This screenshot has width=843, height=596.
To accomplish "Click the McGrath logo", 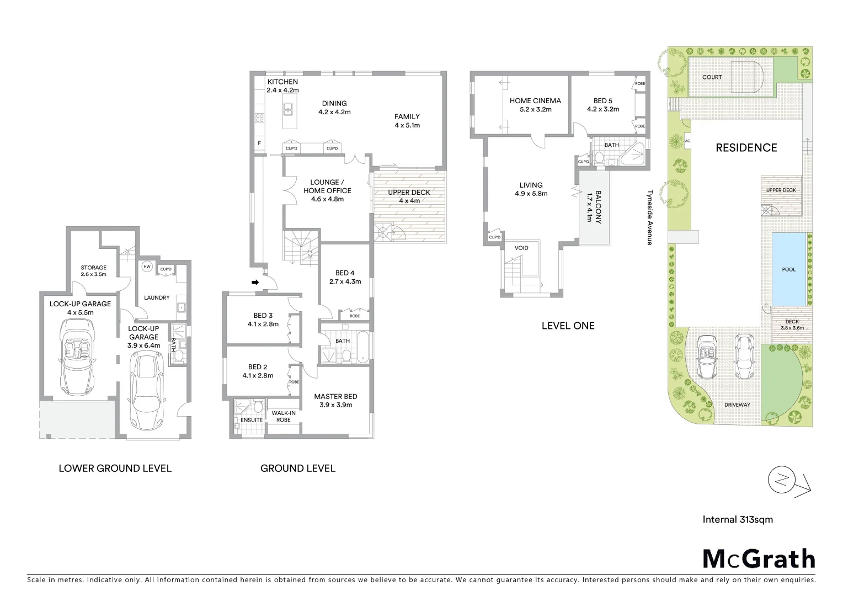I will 759,558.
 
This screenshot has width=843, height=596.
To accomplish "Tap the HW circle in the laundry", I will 146,267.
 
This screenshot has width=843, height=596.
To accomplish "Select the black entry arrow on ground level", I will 255,283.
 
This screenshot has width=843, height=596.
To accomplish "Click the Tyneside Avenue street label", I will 650,218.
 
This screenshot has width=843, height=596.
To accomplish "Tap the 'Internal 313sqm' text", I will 738,519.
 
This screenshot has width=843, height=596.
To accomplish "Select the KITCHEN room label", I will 282,82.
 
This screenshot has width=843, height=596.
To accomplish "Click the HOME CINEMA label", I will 535,101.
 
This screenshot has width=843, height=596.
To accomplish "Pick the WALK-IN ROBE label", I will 283,416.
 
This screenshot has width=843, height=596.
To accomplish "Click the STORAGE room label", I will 93,268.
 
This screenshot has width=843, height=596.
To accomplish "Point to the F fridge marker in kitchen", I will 259,143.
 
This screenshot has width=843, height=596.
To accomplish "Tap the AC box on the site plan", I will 687,141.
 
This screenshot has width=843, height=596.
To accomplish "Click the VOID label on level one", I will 521,248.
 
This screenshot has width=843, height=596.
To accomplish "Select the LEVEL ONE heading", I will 568,326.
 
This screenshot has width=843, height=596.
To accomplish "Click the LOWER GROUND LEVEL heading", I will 115,469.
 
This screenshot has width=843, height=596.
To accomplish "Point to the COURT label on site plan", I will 712,77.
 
